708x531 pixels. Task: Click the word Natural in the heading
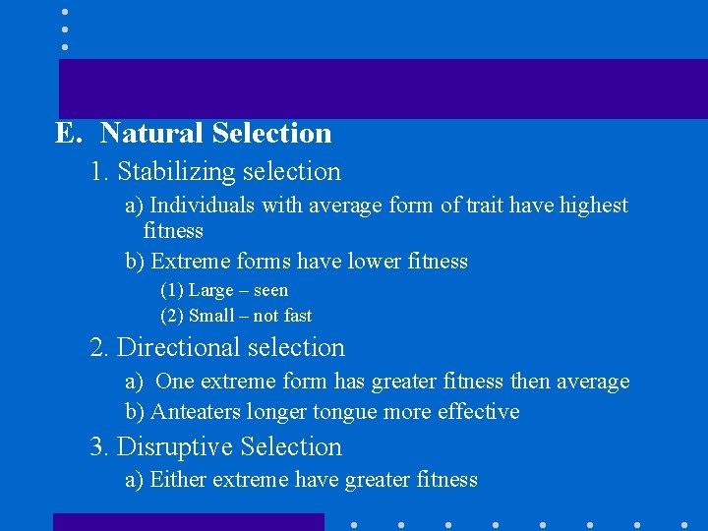(150, 133)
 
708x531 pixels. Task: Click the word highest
(594, 206)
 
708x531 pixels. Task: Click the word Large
(211, 290)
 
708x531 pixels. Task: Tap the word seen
(270, 290)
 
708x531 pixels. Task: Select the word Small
(211, 316)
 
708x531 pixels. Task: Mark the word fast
(297, 316)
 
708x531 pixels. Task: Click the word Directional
(178, 348)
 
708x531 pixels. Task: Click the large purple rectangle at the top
(383, 88)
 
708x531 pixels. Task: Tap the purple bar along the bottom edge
(188, 522)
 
